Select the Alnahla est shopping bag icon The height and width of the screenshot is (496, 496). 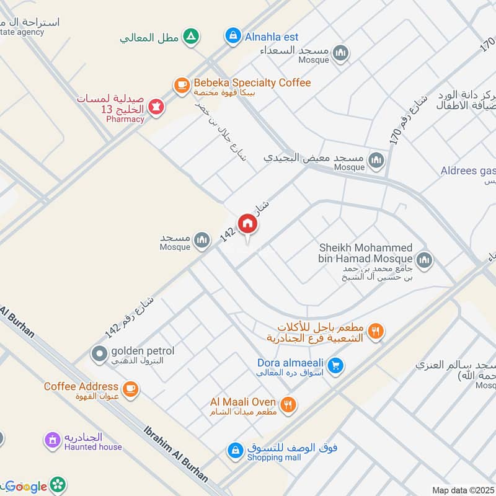[232, 36]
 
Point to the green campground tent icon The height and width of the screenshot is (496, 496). [192, 37]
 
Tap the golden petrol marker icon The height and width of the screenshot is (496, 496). [99, 354]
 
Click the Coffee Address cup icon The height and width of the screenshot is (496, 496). [130, 389]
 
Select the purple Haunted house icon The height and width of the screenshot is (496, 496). [53, 440]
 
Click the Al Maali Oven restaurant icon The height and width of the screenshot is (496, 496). [288, 405]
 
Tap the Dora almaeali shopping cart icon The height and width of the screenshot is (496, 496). [335, 366]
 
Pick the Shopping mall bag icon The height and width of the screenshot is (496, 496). [235, 451]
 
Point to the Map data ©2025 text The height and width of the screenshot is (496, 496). [463, 490]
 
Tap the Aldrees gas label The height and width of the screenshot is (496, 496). [468, 170]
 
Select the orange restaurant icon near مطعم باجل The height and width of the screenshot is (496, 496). [374, 331]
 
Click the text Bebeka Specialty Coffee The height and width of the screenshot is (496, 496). [252, 82]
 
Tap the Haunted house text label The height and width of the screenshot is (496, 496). [93, 447]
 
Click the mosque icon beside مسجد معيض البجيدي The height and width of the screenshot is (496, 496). [376, 161]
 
